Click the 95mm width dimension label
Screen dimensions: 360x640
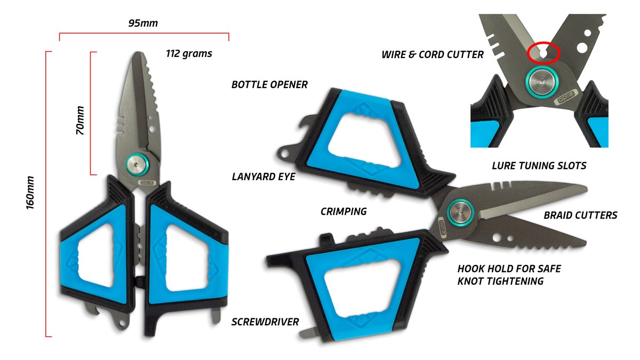pyautogui.click(x=143, y=23)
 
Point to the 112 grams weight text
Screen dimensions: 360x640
pyautogui.click(x=189, y=53)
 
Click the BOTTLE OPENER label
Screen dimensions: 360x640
pyautogui.click(x=269, y=84)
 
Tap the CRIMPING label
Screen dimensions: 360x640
pyautogui.click(x=343, y=211)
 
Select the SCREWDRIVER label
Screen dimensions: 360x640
pyautogui.click(x=265, y=322)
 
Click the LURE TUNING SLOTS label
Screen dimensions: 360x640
pyautogui.click(x=539, y=166)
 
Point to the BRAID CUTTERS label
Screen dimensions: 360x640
pyautogui.click(x=580, y=215)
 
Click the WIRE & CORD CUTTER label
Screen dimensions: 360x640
pyautogui.click(x=433, y=54)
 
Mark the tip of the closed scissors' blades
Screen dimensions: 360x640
pyautogui.click(x=138, y=54)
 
